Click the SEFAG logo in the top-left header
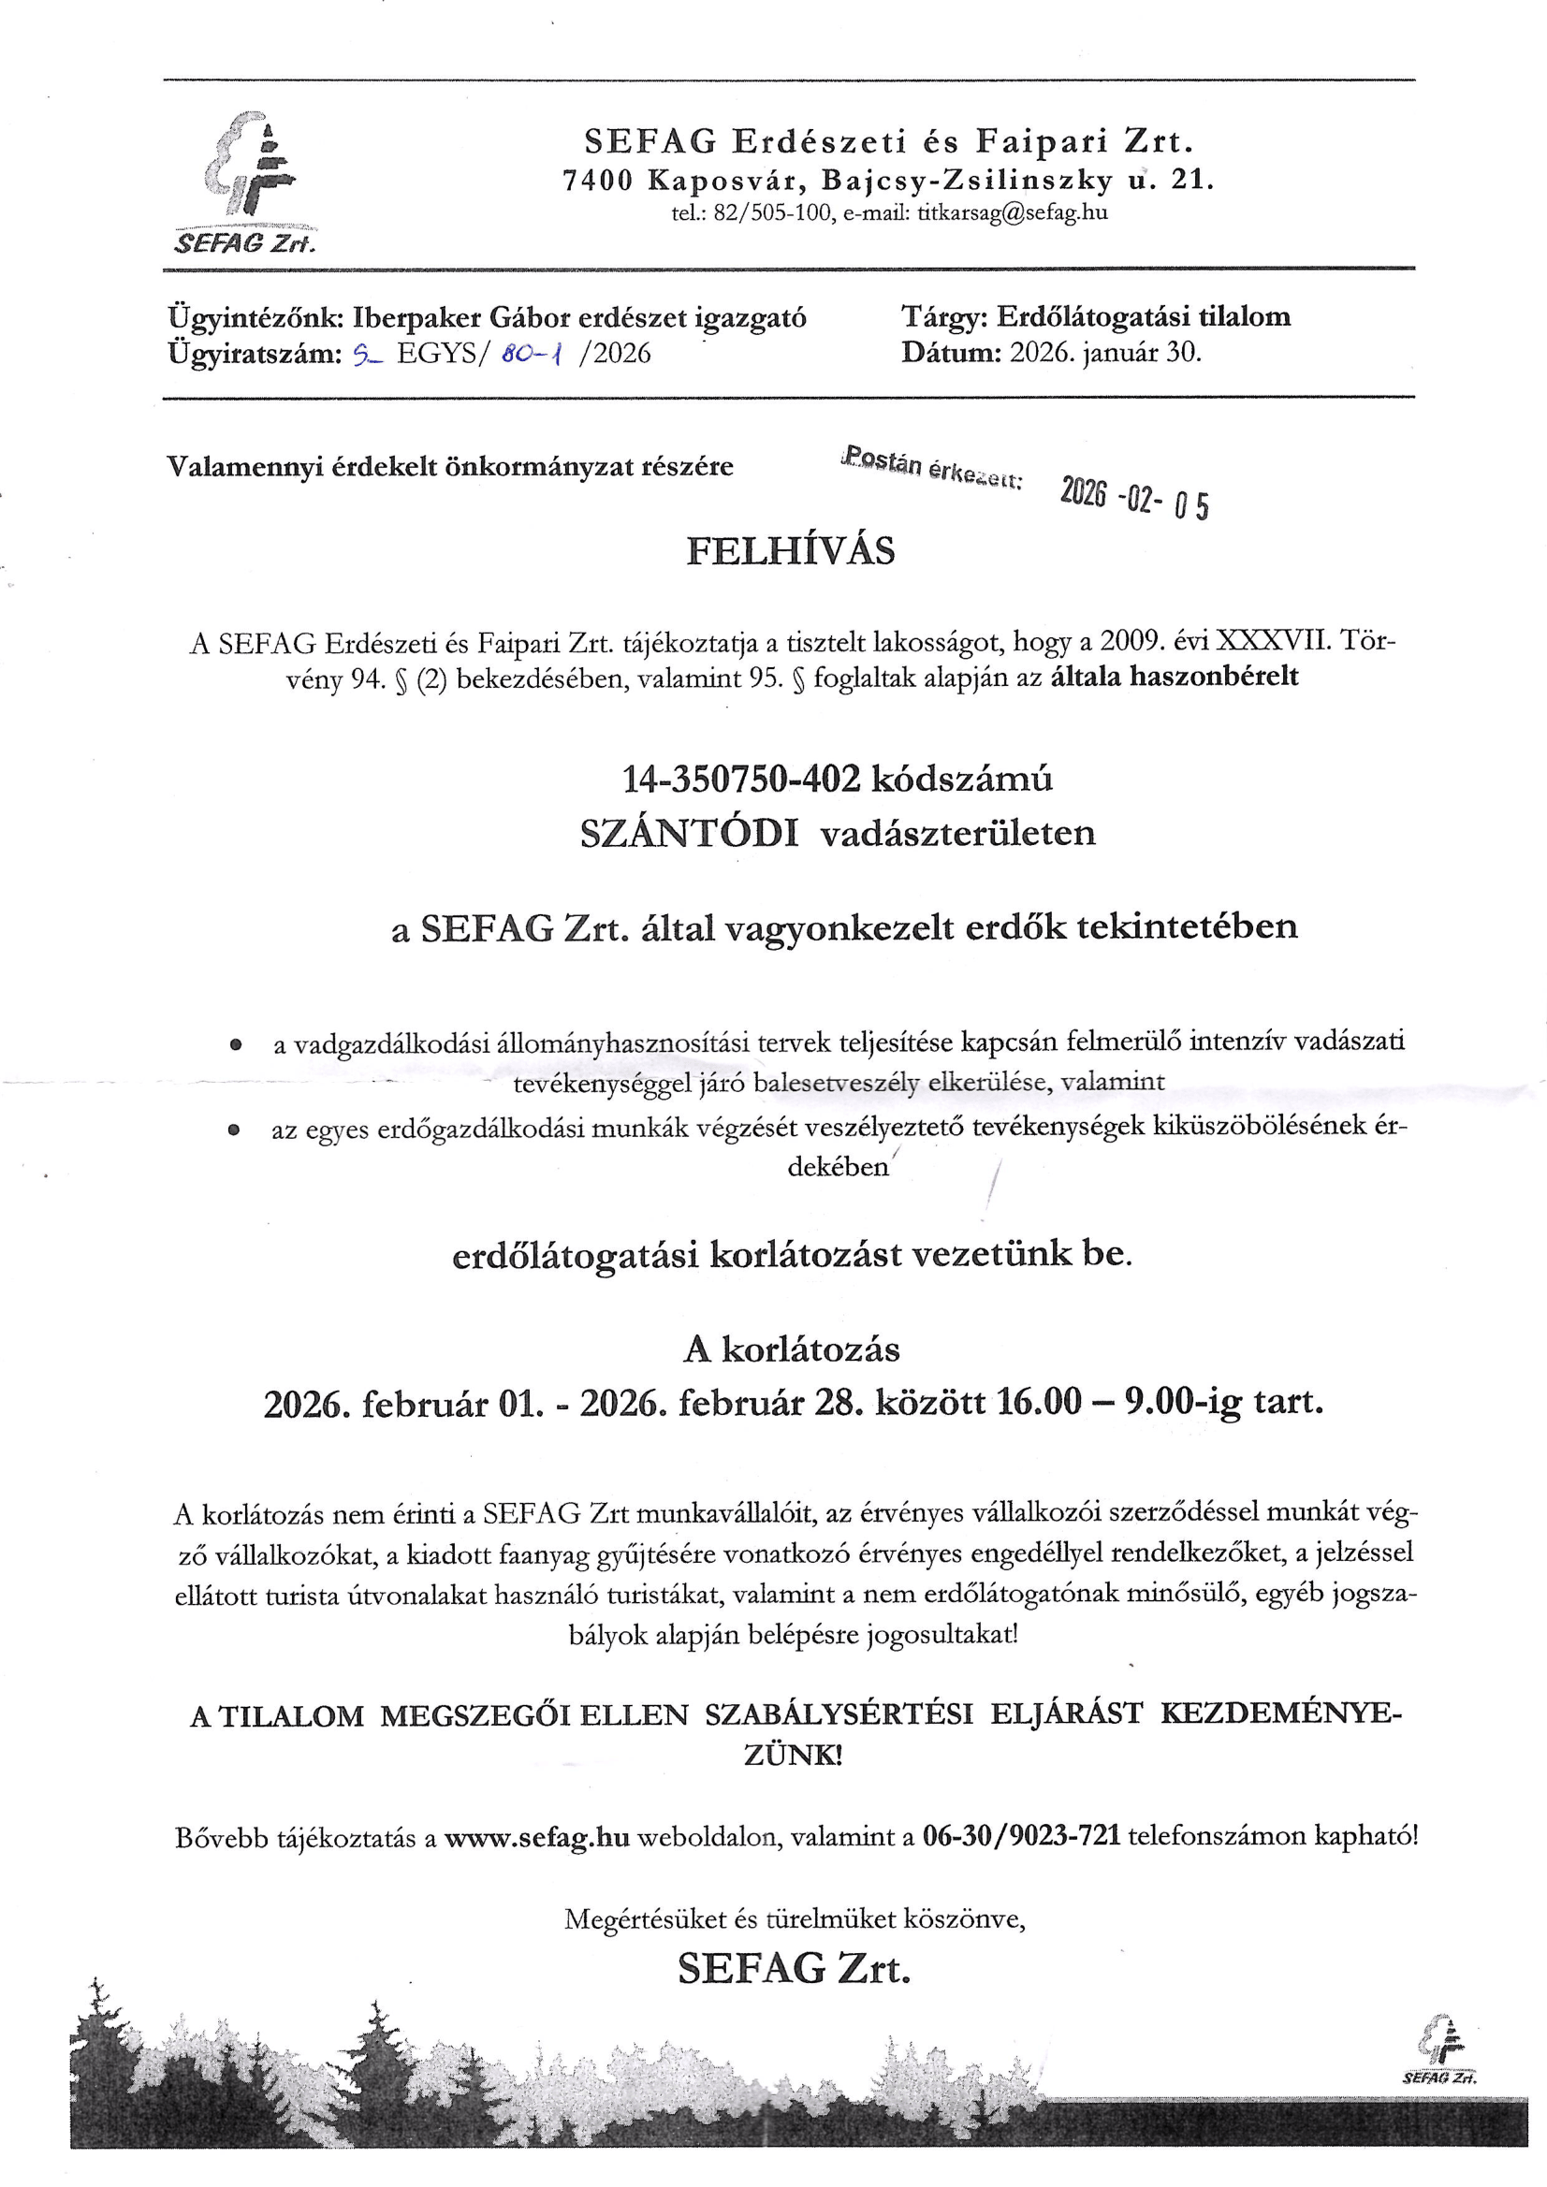click(x=250, y=181)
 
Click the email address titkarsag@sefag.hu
click(x=1013, y=212)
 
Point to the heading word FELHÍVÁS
click(x=791, y=551)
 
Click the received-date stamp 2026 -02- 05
click(x=1134, y=498)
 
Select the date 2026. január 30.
click(x=1106, y=353)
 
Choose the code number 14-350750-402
click(x=741, y=780)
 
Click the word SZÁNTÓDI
click(x=690, y=834)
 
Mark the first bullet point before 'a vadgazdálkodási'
click(x=234, y=1045)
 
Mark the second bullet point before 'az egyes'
click(x=233, y=1130)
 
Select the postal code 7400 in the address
click(x=597, y=180)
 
